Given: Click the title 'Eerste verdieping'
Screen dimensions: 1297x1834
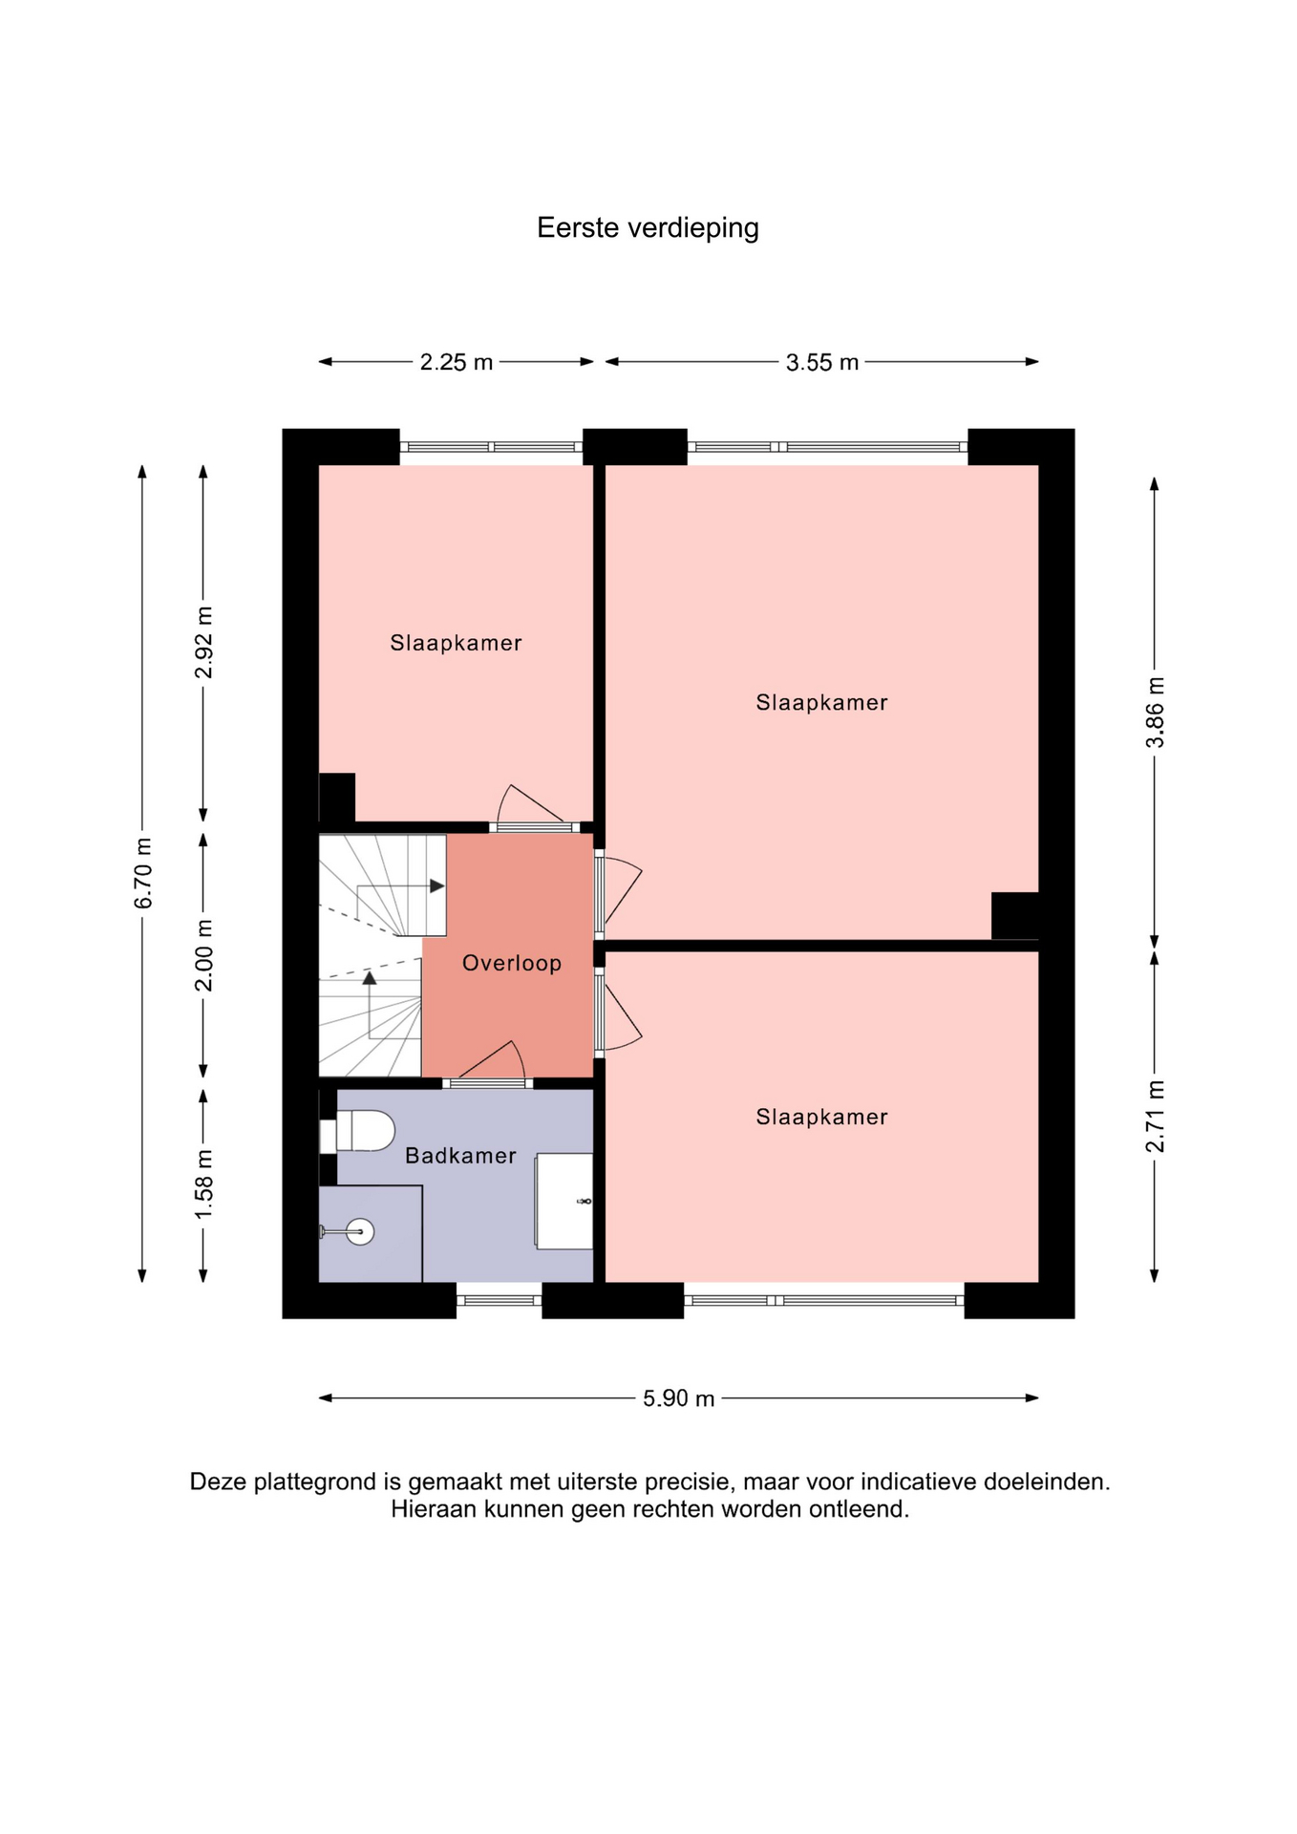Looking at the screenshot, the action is point(648,228).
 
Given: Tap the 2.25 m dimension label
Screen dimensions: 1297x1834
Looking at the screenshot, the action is point(457,362).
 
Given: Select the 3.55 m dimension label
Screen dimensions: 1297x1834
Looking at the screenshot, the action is point(822,362).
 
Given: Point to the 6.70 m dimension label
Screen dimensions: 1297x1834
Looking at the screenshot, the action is point(143,873).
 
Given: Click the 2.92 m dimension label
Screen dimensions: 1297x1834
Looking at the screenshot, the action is point(203,642).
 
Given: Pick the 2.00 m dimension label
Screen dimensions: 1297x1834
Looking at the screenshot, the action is point(203,955).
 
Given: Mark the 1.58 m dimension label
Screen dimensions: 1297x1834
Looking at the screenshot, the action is point(203,1184).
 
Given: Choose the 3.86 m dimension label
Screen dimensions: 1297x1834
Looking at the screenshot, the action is point(1156,713).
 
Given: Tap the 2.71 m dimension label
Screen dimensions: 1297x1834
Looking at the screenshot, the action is point(1156,1117).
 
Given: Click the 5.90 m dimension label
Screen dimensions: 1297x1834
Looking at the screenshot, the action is point(679,1398).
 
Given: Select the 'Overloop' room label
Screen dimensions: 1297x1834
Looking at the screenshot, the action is point(512,963).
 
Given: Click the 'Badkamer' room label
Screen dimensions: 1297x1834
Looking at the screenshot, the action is point(460,1156).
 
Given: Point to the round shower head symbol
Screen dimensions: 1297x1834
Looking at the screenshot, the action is point(360,1232).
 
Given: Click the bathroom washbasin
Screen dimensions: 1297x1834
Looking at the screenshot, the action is point(564,1201).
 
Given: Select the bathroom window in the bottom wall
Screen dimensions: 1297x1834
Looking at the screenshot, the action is point(500,1300).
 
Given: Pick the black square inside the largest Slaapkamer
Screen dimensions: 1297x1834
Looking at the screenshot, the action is point(1015,916).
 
